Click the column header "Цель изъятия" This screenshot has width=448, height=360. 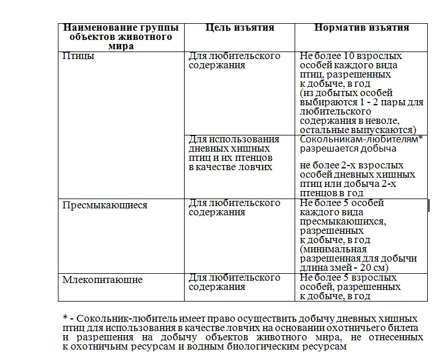pos(240,28)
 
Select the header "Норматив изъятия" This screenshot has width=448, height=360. pos(362,28)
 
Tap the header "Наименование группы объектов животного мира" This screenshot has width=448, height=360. pos(121,36)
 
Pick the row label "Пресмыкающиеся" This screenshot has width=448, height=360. pos(105,205)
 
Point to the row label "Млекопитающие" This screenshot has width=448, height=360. pos(102,280)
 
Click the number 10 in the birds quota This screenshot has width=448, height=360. pos(343,57)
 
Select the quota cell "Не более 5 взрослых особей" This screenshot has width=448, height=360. pos(350,287)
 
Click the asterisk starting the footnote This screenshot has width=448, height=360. pos(65,319)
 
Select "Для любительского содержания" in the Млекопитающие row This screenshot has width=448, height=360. pos(234,282)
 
